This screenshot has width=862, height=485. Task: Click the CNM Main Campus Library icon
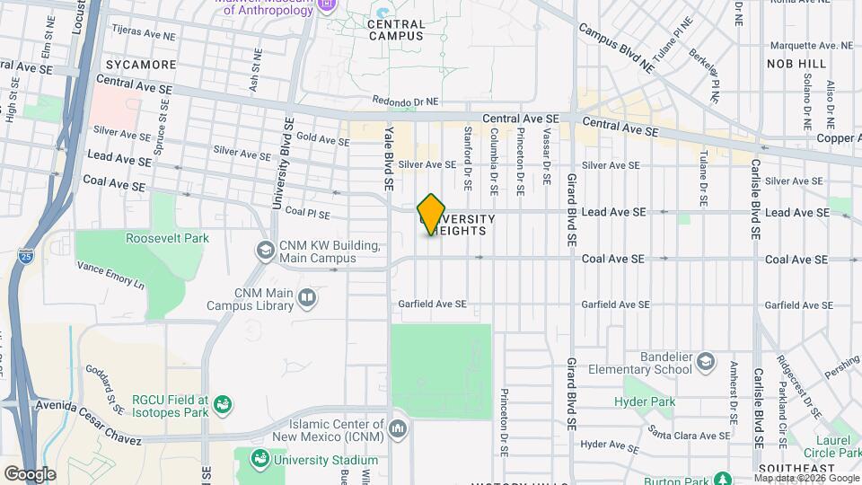(x=307, y=297)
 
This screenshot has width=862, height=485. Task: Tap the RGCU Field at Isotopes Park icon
(x=223, y=406)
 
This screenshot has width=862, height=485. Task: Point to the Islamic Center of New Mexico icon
(x=398, y=430)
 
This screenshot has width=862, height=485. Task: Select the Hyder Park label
(x=644, y=401)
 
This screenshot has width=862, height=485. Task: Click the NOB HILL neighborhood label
(x=796, y=64)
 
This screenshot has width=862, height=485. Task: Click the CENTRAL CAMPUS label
(x=396, y=30)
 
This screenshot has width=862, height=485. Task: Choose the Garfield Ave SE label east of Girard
(x=612, y=304)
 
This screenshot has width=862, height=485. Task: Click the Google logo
(x=30, y=473)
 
